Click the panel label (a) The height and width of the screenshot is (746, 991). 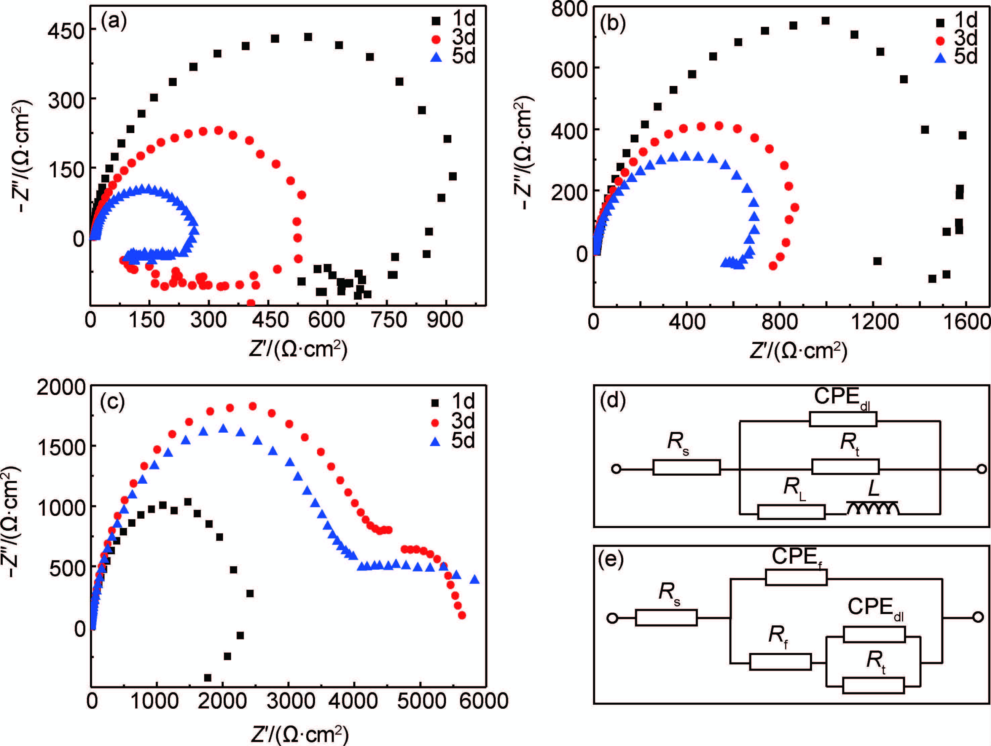coord(114,21)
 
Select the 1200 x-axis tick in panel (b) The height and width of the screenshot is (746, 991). coord(874,322)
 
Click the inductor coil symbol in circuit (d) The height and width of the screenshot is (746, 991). coord(872,508)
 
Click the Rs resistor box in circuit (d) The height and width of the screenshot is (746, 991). coord(686,467)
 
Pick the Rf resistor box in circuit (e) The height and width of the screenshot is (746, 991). coord(780,662)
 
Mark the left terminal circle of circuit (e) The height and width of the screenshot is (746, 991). coord(612,618)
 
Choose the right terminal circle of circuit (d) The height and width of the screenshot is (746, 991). coord(981,469)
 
